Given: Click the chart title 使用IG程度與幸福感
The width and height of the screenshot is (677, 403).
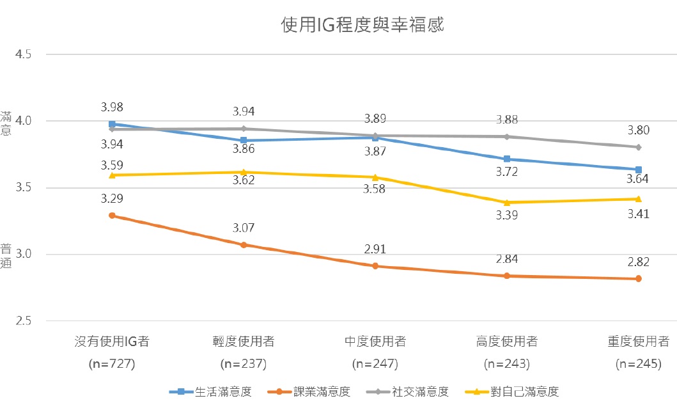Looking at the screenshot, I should pyautogui.click(x=362, y=25).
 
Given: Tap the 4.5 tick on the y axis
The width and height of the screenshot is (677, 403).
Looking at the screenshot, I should pyautogui.click(x=23, y=55).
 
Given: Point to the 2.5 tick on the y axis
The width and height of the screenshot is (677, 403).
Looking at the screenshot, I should pyautogui.click(x=23, y=321).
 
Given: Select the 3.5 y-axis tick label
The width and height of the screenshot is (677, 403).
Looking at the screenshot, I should pyautogui.click(x=23, y=188).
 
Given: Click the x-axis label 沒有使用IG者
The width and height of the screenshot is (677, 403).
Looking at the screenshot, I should pyautogui.click(x=112, y=341).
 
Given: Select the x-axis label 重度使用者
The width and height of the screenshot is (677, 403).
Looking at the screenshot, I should pyautogui.click(x=639, y=341).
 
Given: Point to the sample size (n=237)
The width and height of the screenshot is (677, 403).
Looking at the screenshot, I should pyautogui.click(x=244, y=364).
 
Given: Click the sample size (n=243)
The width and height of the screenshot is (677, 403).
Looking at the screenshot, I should pyautogui.click(x=507, y=364).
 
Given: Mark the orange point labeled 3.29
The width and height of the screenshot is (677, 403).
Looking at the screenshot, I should pyautogui.click(x=112, y=216).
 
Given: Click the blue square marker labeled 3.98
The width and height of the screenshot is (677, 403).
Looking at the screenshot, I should pyautogui.click(x=112, y=124).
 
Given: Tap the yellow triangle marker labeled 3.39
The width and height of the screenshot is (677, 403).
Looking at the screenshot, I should pyautogui.click(x=507, y=202).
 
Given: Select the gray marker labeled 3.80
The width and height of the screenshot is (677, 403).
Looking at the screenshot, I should pyautogui.click(x=639, y=147).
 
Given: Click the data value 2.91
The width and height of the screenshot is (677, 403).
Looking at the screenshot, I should pyautogui.click(x=375, y=249).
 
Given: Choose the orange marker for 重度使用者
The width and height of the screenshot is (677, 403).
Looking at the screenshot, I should pyautogui.click(x=639, y=278).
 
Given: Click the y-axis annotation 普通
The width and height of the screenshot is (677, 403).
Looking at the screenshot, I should pyautogui.click(x=6, y=255).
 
